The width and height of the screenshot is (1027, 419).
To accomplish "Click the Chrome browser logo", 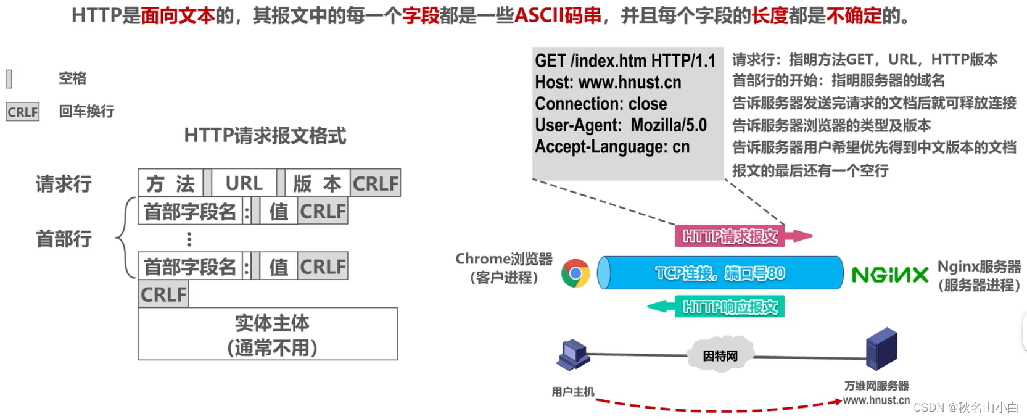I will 575,273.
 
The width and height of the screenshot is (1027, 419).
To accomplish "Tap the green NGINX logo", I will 889,275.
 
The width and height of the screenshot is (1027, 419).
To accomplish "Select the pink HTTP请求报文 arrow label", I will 730,236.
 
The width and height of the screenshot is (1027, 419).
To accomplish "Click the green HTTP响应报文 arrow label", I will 730,307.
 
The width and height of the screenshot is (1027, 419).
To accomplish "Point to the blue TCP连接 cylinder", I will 720,273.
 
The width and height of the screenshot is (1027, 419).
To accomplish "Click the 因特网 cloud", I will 720,355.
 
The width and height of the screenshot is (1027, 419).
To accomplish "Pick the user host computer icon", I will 573,355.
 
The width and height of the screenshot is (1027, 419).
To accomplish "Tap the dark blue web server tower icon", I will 881,349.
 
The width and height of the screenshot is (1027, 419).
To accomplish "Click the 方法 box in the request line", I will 170,183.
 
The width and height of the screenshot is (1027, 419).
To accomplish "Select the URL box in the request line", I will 244,183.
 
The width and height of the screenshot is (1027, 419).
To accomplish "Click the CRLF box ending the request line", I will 375,183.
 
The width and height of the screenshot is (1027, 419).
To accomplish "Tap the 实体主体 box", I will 268,334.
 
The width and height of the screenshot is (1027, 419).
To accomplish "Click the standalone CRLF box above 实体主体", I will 163,294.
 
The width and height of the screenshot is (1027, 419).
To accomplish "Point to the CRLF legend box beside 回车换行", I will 23,112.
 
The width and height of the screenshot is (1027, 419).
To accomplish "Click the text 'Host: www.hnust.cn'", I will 608,82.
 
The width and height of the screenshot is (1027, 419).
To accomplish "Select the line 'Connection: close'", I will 600,104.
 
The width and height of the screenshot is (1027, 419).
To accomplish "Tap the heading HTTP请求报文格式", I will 265,136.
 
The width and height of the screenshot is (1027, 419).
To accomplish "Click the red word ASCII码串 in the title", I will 558,15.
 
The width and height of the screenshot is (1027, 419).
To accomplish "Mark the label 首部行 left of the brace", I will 64,239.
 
